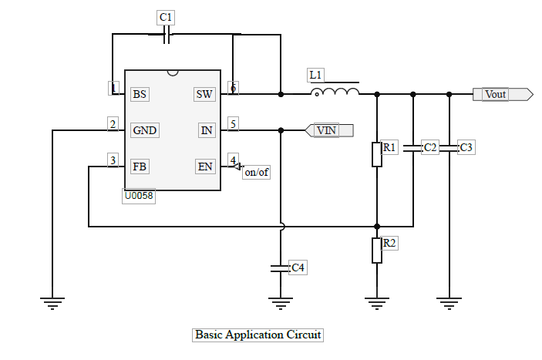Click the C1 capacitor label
pyautogui.click(x=165, y=17)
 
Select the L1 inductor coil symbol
pyautogui.click(x=335, y=93)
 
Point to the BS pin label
pyautogui.click(x=140, y=94)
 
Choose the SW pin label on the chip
pyautogui.click(x=204, y=94)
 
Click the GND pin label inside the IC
pyautogui.click(x=144, y=130)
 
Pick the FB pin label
pyautogui.click(x=140, y=167)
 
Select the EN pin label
pyautogui.click(x=205, y=167)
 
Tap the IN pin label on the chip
pyautogui.click(x=207, y=130)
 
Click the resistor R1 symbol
pyautogui.click(x=377, y=154)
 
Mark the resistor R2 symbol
pyautogui.click(x=377, y=251)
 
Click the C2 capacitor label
pyautogui.click(x=430, y=147)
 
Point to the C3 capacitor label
pyautogui.click(x=466, y=147)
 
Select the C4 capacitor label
pyautogui.click(x=298, y=267)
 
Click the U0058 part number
pyautogui.click(x=139, y=197)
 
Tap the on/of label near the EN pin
pyautogui.click(x=256, y=172)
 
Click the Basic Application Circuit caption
pyautogui.click(x=258, y=335)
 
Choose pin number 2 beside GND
pyautogui.click(x=113, y=124)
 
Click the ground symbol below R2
pyautogui.click(x=377, y=302)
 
